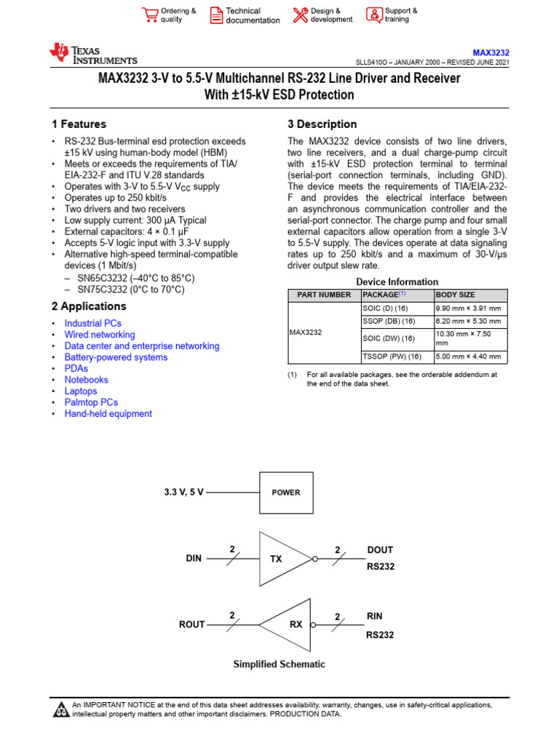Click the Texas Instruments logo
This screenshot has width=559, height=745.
point(92,54)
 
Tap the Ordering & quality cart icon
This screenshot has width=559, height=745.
point(151,15)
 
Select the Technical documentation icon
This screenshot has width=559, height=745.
point(216,15)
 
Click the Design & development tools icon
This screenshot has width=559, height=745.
point(300,15)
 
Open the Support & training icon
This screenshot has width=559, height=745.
point(373,15)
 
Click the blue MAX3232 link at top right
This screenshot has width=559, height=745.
point(491,53)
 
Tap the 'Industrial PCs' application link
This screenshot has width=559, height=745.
point(93,323)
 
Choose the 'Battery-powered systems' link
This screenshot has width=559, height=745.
point(116,357)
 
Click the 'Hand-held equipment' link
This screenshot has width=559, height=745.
point(108,413)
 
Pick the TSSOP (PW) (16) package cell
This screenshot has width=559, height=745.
point(392,356)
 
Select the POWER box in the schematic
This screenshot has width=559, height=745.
point(286,493)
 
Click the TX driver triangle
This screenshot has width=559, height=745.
point(280,559)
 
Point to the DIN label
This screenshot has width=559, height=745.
point(193,559)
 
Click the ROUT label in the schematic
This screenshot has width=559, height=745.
point(192,624)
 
